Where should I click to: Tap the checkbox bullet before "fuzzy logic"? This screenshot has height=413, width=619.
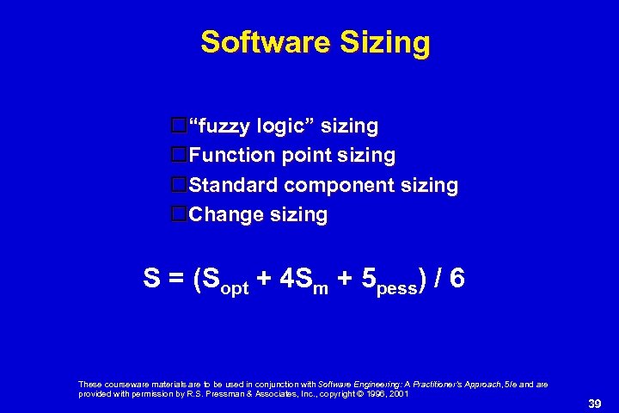[x=180, y=126]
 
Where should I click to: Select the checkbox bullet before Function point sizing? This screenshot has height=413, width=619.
[x=180, y=156]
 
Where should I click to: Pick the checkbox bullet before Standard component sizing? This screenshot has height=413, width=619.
[x=180, y=185]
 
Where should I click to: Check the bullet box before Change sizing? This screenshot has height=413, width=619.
[x=180, y=214]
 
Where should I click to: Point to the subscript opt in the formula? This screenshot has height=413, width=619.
[x=234, y=287]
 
